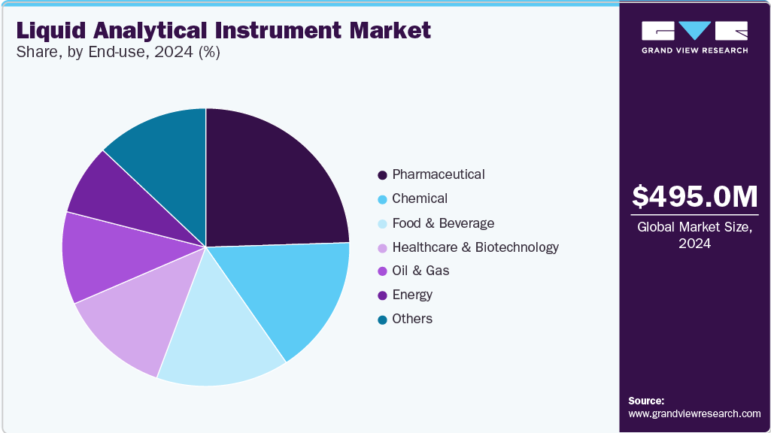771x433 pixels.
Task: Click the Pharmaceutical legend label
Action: pos(439,174)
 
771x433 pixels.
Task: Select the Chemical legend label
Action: pos(420,198)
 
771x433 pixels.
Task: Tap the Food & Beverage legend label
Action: pos(443,223)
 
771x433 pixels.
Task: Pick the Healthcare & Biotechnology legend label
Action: pos(475,247)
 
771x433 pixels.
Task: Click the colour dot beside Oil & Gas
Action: pos(383,271)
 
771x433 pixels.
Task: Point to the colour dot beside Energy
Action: pos(383,295)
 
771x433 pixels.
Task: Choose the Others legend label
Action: pos(412,319)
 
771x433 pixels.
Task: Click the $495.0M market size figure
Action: pos(694,196)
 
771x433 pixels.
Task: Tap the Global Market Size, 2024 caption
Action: pos(694,235)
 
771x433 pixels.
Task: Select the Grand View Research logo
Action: pos(694,37)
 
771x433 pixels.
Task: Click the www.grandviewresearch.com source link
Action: pos(694,414)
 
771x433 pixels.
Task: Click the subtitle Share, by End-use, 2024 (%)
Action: pos(117,53)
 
